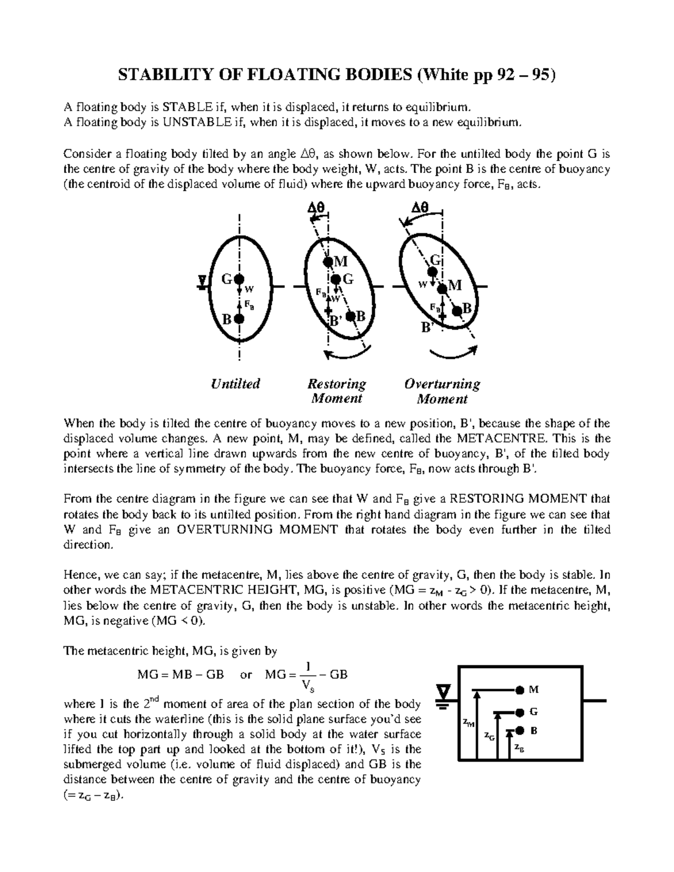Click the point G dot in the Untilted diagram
click(x=239, y=279)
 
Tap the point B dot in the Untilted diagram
click(x=239, y=319)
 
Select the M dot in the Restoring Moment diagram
click(x=327, y=261)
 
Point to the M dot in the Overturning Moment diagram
click(x=443, y=288)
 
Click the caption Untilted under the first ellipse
click(x=236, y=384)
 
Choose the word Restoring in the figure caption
click(x=336, y=384)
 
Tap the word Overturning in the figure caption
click(x=442, y=384)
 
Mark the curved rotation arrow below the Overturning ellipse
click(x=454, y=354)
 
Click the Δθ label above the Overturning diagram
click(x=420, y=208)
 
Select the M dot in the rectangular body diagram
click(x=520, y=689)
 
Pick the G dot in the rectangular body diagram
click(x=520, y=712)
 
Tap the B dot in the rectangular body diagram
click(x=520, y=731)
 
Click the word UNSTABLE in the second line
click(x=175, y=121)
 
